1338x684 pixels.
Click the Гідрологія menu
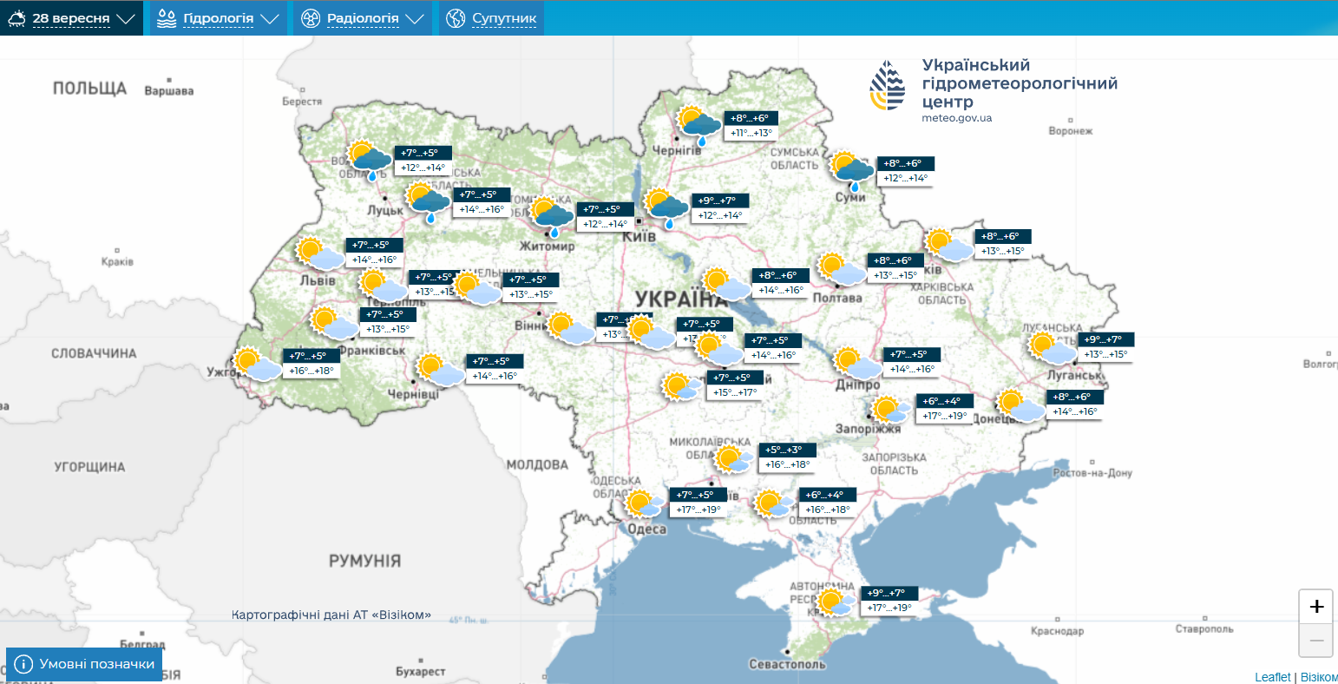[x=219, y=18]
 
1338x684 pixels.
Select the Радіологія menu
[x=362, y=18]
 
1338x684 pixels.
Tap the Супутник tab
[x=491, y=18]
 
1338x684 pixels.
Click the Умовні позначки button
[x=84, y=664]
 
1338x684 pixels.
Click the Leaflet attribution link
[x=1272, y=677]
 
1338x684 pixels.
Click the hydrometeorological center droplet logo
[x=888, y=86]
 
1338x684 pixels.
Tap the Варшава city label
[x=168, y=91]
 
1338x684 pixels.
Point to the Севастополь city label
[x=787, y=665]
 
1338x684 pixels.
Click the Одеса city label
[x=646, y=529]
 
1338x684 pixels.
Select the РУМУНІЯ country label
[x=364, y=561]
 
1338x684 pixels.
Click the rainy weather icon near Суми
[x=852, y=170]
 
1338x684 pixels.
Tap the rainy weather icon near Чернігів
[x=699, y=125]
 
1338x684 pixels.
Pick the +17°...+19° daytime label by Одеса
[x=699, y=510]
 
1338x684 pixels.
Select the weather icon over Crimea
[x=835, y=602]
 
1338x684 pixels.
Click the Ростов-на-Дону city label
[x=1092, y=473]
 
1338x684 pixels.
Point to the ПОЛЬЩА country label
[x=89, y=89]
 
